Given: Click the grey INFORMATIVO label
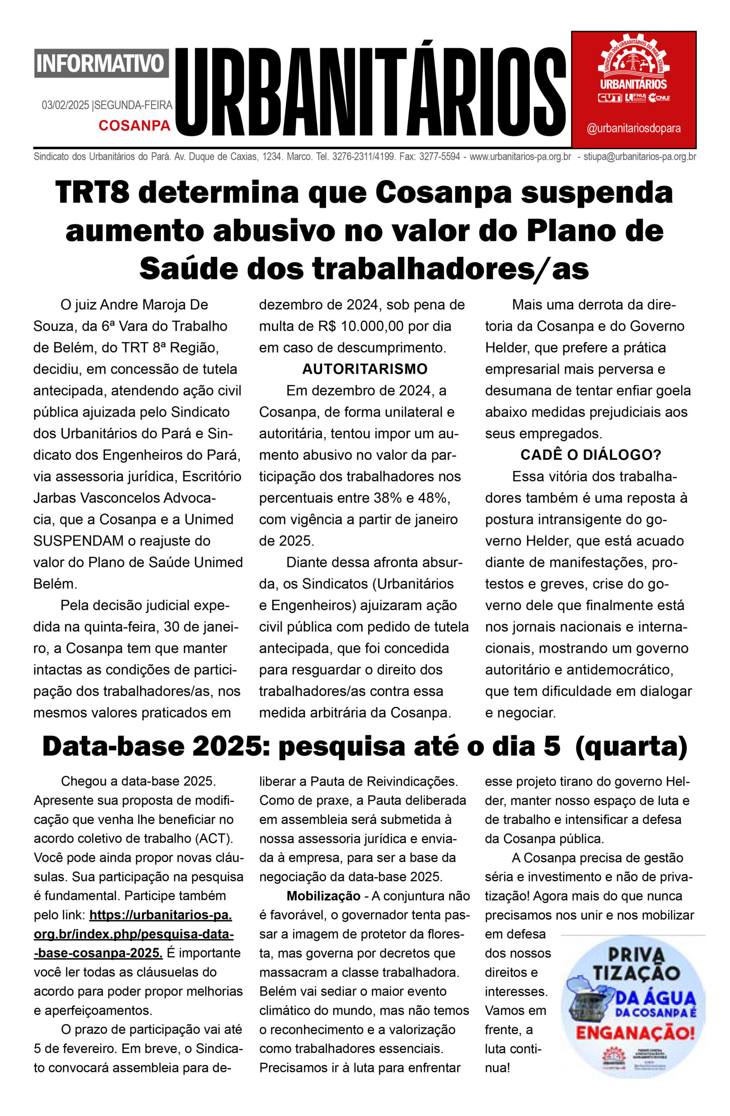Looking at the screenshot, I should click(101, 63).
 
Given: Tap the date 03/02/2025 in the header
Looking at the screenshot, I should click(65, 105).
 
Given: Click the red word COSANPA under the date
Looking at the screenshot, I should click(134, 125).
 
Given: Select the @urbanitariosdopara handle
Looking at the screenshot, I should click(633, 129).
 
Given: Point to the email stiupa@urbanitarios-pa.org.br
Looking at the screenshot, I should click(639, 157).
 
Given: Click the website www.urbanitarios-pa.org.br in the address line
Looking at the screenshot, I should click(520, 157).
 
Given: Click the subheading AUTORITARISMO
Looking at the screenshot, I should click(364, 369).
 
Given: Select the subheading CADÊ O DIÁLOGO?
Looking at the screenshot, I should click(590, 455).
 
